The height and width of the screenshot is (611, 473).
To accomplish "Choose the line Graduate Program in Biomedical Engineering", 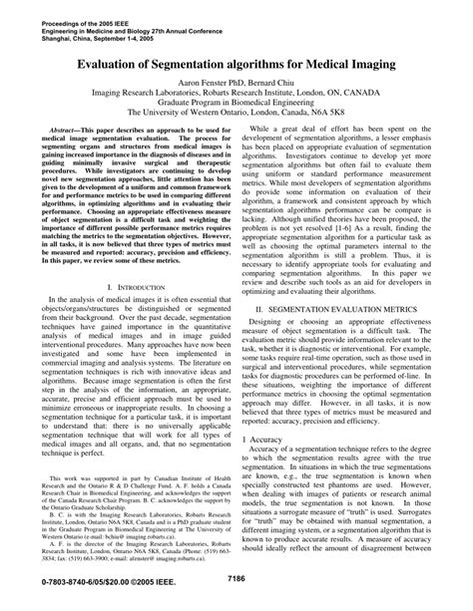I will tap(236, 100).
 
